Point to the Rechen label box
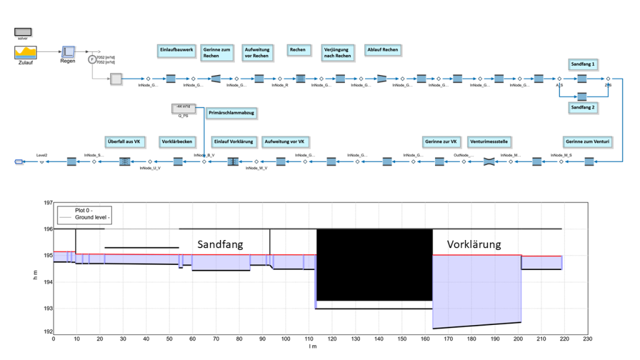(297, 49)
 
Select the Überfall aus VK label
(126, 142)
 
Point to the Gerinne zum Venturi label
(587, 142)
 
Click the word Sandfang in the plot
(220, 244)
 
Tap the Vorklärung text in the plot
(474, 244)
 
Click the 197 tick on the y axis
(46, 202)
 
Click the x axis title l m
(313, 347)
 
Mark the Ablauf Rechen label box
(382, 49)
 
